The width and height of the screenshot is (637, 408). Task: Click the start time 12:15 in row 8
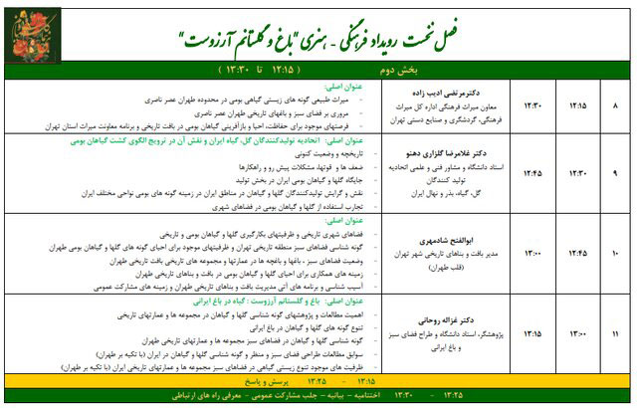tap(578, 104)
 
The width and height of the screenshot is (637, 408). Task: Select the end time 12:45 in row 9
tap(531, 171)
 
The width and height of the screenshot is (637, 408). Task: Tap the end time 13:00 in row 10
tap(531, 253)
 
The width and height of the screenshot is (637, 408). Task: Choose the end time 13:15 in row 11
tap(531, 331)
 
